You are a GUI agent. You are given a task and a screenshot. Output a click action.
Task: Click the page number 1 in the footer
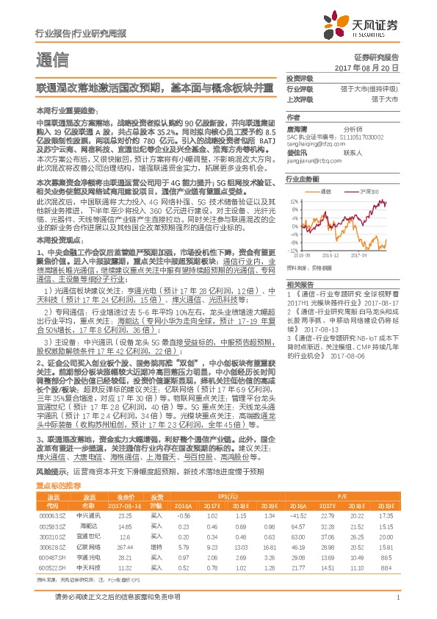[397, 607]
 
